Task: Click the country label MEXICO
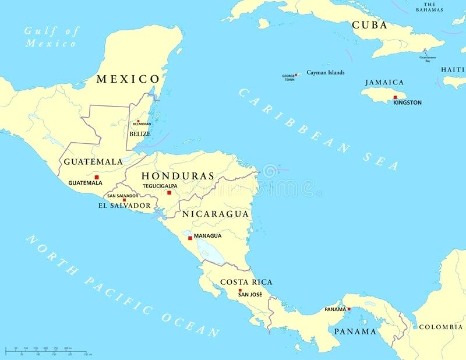(x=128, y=79)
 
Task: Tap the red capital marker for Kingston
(x=395, y=97)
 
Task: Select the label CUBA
(x=369, y=25)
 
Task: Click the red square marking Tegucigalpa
(x=170, y=192)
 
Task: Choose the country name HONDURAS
(x=178, y=175)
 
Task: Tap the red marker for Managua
(x=190, y=238)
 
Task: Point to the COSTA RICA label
(x=246, y=282)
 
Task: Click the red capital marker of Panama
(x=349, y=309)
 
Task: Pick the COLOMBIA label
(x=441, y=327)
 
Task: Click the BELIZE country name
(x=140, y=133)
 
